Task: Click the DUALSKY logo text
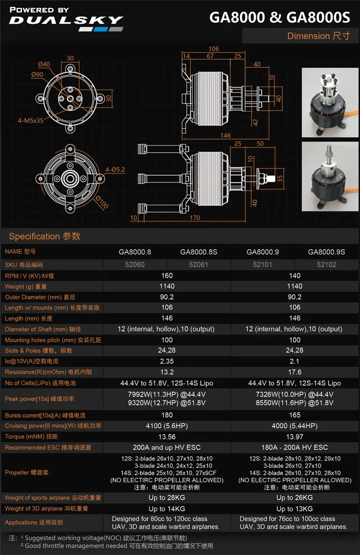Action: coord(66,21)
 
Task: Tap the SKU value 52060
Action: coord(135,265)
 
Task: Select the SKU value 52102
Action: coord(326,265)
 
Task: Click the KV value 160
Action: coord(167,276)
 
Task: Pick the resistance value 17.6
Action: coord(295,372)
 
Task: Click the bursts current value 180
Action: coord(167,415)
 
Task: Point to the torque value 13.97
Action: coord(295,437)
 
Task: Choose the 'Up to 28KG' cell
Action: coord(167,498)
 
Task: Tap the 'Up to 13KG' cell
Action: coord(295,508)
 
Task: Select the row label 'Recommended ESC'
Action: coord(48,447)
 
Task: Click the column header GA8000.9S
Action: coord(326,252)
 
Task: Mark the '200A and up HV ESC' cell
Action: coord(167,447)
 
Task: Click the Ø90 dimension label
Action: coord(37,74)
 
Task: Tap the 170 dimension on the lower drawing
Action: coord(194,217)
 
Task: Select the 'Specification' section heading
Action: coord(45,236)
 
